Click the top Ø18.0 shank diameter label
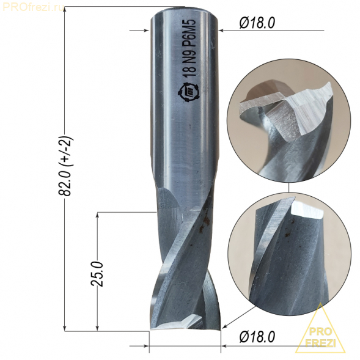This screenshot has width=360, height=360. [x=257, y=23]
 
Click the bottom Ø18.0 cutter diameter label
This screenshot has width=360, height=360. [x=257, y=337]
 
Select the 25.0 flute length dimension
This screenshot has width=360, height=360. [x=97, y=273]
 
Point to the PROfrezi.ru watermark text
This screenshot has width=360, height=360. [x=32, y=7]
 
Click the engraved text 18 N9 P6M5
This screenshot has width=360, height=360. [x=189, y=48]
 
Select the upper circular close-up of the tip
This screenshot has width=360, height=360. [x=289, y=121]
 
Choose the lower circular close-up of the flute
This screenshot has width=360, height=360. [x=289, y=254]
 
